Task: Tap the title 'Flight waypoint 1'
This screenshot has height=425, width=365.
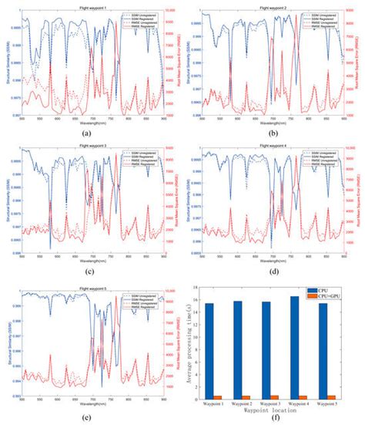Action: [91, 3]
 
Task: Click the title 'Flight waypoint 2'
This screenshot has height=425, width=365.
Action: [273, 3]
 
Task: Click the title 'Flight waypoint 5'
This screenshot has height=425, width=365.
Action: [91, 284]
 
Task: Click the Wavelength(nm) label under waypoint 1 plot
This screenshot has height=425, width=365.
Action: [91, 122]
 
